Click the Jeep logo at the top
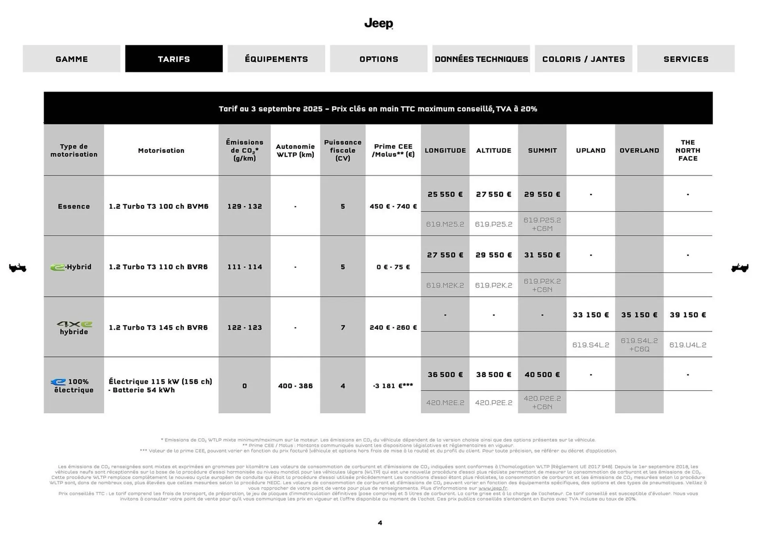click(379, 24)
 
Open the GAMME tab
click(71, 59)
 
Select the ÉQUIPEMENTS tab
click(276, 59)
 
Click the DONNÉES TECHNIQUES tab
click(481, 59)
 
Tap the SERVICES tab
click(685, 59)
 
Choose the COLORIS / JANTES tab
click(583, 59)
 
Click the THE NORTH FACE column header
click(687, 150)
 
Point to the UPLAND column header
click(591, 150)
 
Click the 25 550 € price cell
click(445, 194)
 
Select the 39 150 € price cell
click(687, 315)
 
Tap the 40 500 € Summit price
click(542, 374)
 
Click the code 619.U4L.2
click(687, 345)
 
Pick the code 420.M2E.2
click(445, 402)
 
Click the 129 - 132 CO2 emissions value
click(244, 206)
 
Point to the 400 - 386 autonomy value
click(295, 386)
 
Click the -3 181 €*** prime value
click(393, 386)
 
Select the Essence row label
click(74, 206)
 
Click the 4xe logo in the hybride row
click(74, 324)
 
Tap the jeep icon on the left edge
click(18, 268)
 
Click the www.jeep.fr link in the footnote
click(492, 488)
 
